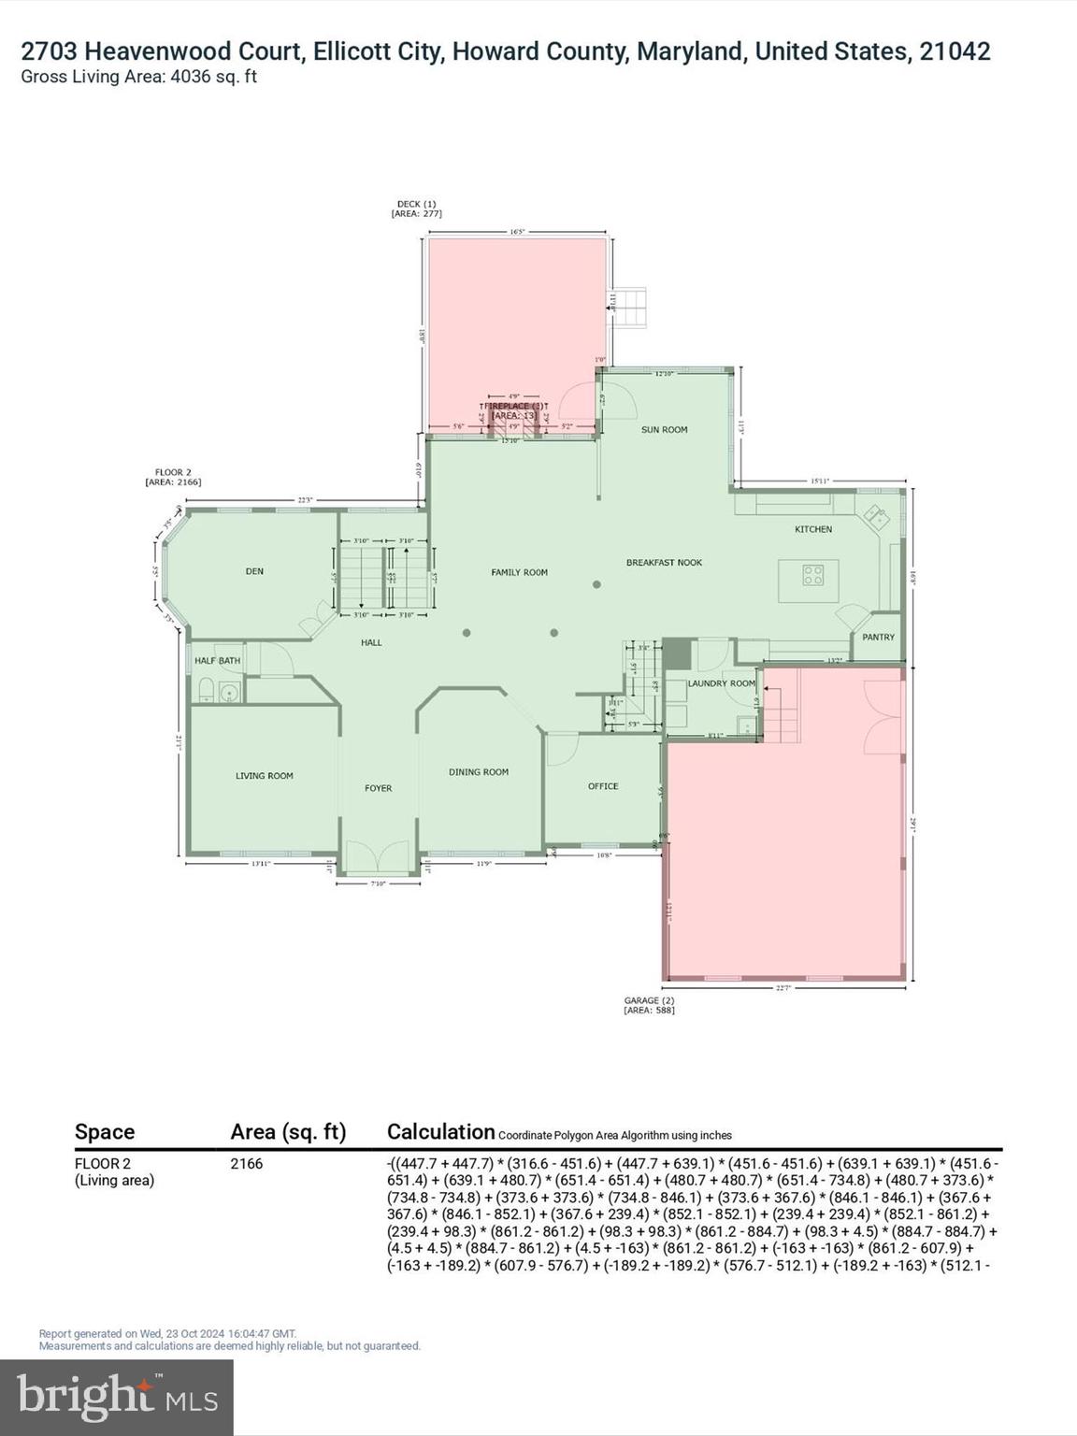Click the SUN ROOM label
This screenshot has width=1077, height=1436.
(x=664, y=430)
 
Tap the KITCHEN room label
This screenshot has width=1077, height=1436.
(x=812, y=529)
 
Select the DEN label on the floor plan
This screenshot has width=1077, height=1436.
(x=254, y=571)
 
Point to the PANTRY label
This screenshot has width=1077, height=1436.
(x=878, y=638)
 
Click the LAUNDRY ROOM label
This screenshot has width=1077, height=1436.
(x=721, y=683)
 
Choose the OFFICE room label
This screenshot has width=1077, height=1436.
(x=603, y=786)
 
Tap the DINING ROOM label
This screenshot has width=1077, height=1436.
(x=479, y=772)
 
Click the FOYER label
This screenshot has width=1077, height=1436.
(x=378, y=788)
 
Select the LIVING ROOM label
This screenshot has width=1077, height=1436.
(x=264, y=776)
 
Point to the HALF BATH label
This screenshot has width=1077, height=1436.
(x=217, y=661)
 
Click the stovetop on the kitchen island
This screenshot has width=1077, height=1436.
(x=813, y=575)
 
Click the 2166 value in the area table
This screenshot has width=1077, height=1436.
(x=247, y=1164)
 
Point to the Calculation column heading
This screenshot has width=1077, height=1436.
(x=440, y=1132)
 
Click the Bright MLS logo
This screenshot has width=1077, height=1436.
(x=117, y=1397)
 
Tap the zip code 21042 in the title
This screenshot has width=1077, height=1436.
(x=955, y=51)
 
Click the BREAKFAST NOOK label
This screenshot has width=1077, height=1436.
(x=664, y=563)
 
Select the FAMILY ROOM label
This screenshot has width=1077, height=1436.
(x=519, y=572)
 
